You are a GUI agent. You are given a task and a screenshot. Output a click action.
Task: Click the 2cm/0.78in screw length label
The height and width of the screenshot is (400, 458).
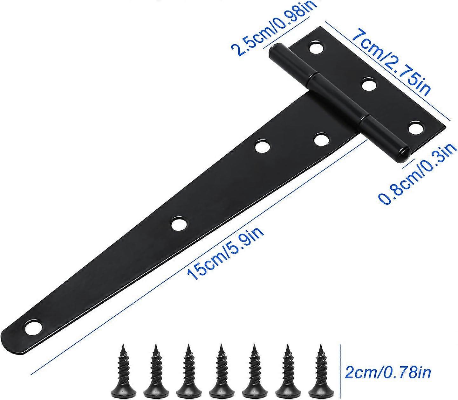[x=388, y=372]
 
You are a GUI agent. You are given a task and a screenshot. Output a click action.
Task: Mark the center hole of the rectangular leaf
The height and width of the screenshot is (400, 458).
[x=368, y=85]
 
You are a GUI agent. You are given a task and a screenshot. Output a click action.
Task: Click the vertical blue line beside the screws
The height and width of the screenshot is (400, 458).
[x=340, y=370]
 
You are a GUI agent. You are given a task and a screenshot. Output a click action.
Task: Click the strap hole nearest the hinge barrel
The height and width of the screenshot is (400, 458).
[x=321, y=140]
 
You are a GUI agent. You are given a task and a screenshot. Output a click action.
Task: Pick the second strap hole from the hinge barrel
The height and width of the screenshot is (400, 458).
[x=263, y=147]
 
